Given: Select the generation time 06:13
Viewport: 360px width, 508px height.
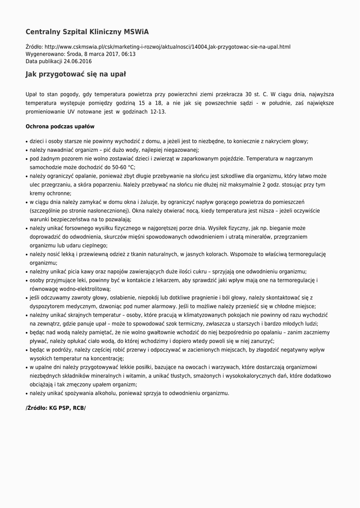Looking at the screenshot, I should (128, 54).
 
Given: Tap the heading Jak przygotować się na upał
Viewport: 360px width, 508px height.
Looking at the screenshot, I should (75, 74).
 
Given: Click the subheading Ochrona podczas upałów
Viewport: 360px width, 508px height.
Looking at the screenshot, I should (60, 127).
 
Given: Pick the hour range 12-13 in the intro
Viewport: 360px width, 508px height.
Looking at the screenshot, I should (157, 112).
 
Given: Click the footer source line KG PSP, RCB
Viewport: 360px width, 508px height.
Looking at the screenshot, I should (56, 408).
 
